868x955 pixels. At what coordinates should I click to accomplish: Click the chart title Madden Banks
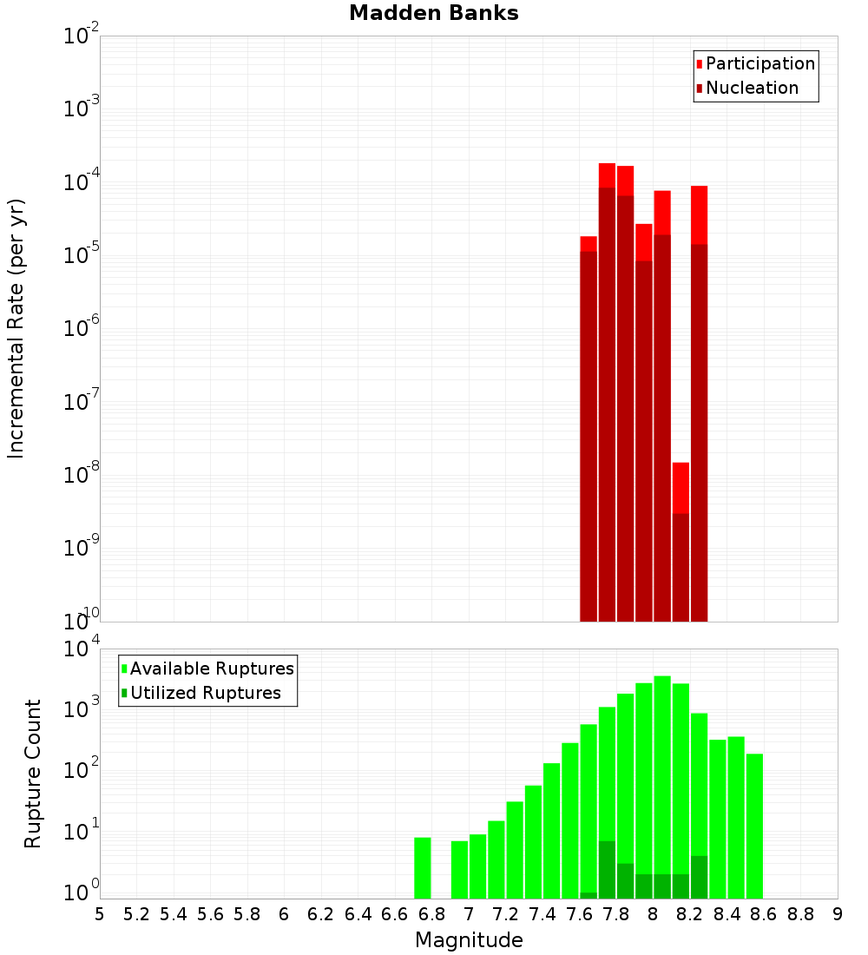[x=434, y=14]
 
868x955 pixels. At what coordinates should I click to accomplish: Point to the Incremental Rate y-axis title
[x=16, y=328]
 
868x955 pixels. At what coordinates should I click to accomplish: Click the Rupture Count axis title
[x=33, y=774]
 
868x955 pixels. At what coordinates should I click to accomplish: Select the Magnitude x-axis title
[x=469, y=940]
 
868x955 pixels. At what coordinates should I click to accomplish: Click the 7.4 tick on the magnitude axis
[x=542, y=914]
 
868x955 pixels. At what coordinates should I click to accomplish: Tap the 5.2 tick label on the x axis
[x=136, y=914]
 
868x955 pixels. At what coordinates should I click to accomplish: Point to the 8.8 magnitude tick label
[x=800, y=914]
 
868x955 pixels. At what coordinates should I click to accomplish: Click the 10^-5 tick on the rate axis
[x=82, y=254]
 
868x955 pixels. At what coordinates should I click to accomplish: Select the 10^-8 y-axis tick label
[x=82, y=473]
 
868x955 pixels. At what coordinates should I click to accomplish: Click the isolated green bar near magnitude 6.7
[x=423, y=867]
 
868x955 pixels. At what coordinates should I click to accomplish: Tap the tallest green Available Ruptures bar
[x=662, y=786]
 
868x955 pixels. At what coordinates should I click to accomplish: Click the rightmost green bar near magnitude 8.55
[x=754, y=825]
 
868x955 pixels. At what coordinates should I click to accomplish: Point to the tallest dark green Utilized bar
[x=607, y=869]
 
